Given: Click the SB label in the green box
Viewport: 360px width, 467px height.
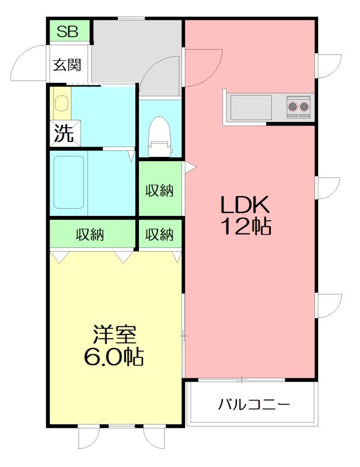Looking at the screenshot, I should pyautogui.click(x=68, y=31).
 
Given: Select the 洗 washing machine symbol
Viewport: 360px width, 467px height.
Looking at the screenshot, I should pyautogui.click(x=64, y=133).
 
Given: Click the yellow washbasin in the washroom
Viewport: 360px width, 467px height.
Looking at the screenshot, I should pyautogui.click(x=61, y=104).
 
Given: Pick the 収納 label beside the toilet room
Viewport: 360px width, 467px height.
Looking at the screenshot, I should pyautogui.click(x=159, y=190).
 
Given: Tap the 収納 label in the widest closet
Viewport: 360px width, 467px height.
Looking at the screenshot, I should pyautogui.click(x=91, y=235).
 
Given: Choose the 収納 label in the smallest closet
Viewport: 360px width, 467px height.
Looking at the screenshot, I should pyautogui.click(x=159, y=235).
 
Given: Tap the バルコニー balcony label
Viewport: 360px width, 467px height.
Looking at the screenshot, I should pyautogui.click(x=254, y=404).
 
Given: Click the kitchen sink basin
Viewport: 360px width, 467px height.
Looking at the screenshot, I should pyautogui.click(x=250, y=107).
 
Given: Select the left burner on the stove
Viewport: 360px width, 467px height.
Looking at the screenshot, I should pyautogui.click(x=292, y=106).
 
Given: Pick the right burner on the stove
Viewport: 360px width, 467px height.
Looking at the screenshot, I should pyautogui.click(x=304, y=106).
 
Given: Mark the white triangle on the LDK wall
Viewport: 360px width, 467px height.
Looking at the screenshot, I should pyautogui.click(x=190, y=168).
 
